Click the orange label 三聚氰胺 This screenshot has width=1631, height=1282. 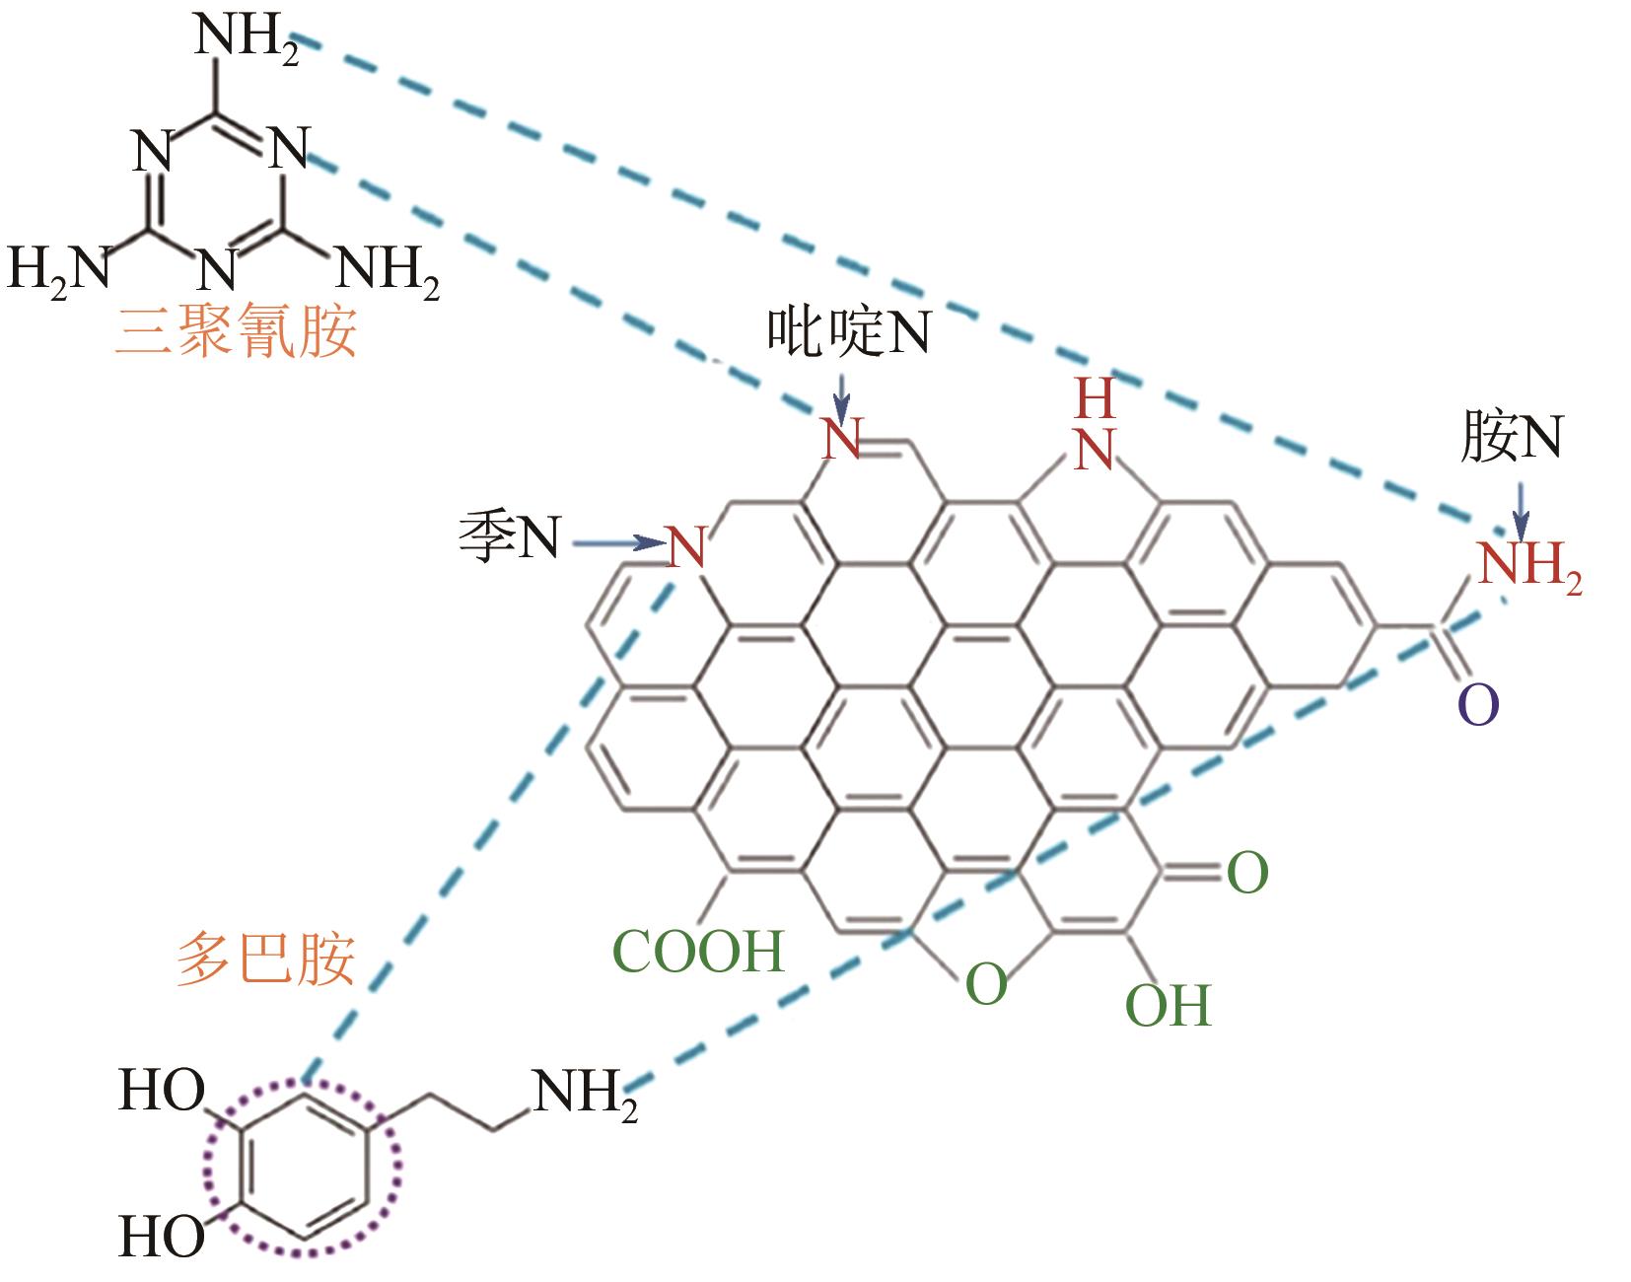[x=235, y=330]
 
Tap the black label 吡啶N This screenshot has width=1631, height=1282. [x=848, y=331]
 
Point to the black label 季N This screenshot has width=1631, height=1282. [x=510, y=535]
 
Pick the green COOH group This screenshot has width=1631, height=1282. [x=699, y=951]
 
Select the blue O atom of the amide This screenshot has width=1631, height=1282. [x=1478, y=704]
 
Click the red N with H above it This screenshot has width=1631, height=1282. [x=1096, y=449]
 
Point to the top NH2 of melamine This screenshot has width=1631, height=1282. [x=247, y=37]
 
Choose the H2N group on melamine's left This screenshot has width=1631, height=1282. [x=59, y=270]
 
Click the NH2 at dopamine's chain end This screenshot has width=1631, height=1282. [x=586, y=1094]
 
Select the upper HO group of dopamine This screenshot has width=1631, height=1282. [x=162, y=1090]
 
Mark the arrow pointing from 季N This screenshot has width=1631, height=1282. [x=619, y=542]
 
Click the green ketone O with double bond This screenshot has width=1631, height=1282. [x=1247, y=872]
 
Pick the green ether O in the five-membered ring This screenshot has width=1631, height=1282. [x=985, y=983]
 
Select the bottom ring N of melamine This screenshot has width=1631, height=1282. [x=217, y=269]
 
